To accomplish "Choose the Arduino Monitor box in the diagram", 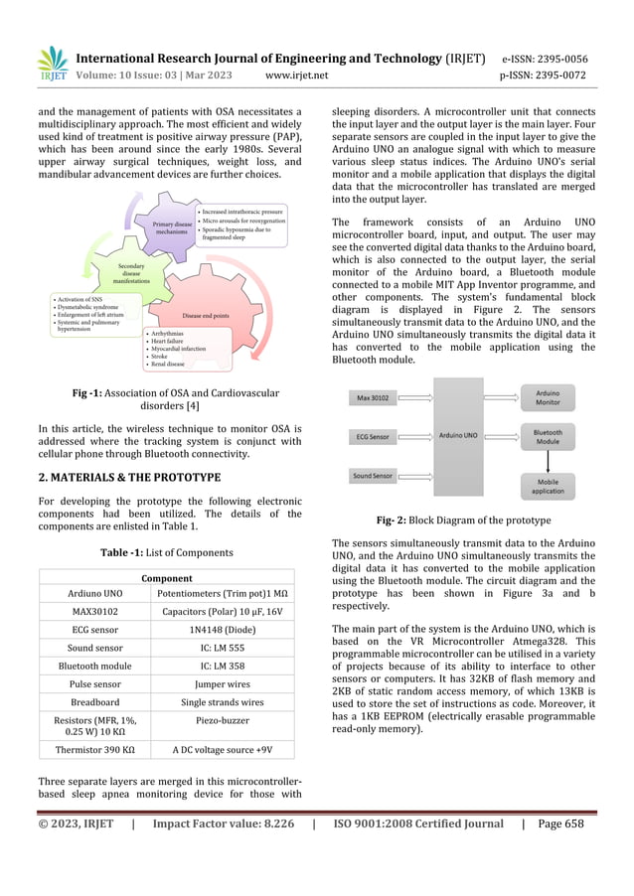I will (x=549, y=399).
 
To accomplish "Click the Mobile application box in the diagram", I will (x=549, y=486).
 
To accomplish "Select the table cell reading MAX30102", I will (x=89, y=612).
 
